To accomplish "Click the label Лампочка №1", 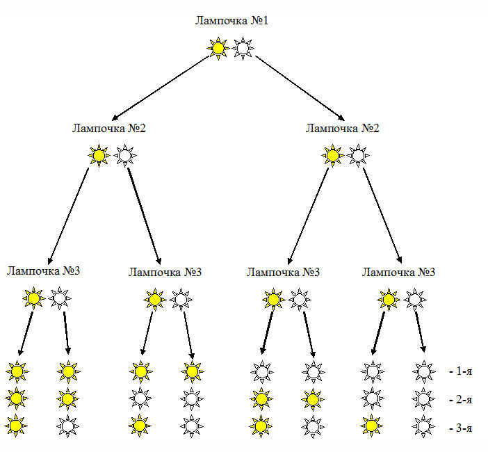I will (x=232, y=21).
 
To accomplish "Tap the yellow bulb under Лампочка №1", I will (x=218, y=48).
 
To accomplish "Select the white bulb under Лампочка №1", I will (x=243, y=48).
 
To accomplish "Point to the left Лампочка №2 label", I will (x=109, y=129).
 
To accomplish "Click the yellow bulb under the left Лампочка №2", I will (x=99, y=156).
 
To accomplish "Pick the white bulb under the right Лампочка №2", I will (x=357, y=156).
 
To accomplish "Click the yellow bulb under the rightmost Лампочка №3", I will (x=389, y=300).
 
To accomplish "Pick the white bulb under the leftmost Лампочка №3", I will (x=60, y=299).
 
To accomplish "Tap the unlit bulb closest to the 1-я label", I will (x=423, y=372).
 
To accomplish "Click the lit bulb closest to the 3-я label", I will (x=372, y=424).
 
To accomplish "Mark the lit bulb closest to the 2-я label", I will (x=312, y=398).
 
